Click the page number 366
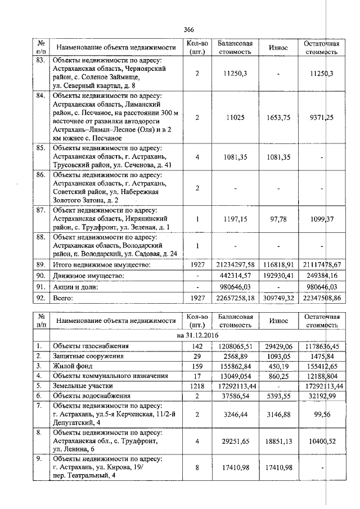(188, 30)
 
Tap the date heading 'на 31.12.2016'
(189, 335)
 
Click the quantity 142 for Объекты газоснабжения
(197, 346)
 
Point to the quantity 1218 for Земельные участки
(197, 386)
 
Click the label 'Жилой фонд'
(72, 366)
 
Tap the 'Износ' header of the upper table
(278, 48)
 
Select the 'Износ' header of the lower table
(278, 321)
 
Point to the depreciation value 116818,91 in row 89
(278, 264)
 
